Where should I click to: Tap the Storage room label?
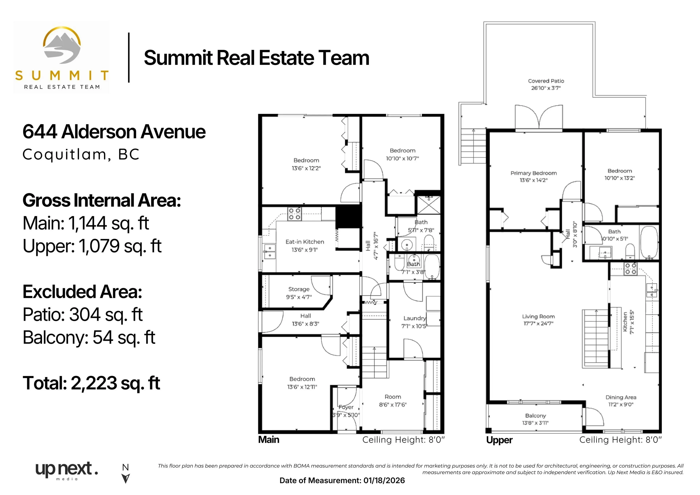(x=299, y=289)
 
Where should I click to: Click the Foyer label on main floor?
(x=346, y=407)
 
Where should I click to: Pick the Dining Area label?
(x=621, y=397)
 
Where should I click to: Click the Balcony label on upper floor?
(x=535, y=416)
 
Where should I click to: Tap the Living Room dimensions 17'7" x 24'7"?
(x=538, y=324)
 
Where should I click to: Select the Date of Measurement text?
(x=342, y=481)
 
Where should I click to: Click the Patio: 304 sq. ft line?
(x=83, y=315)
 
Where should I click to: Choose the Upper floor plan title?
(x=499, y=440)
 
